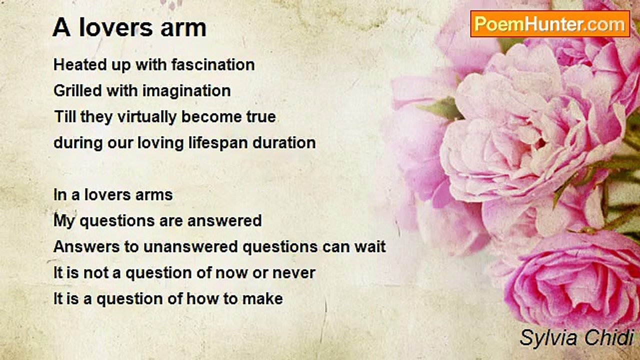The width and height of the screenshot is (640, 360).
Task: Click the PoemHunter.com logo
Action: pos(550,24)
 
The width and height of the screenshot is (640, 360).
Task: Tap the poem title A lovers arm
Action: pos(129,28)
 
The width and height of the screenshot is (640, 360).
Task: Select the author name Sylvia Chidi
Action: pos(576,337)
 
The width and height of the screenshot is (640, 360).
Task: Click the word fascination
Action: pos(213,64)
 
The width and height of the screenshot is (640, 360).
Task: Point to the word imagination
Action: pos(186,91)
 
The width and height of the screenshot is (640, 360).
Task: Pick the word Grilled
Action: pos(77,91)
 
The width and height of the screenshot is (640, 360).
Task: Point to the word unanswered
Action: pos(190,247)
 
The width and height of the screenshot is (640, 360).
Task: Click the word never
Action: pos(293,273)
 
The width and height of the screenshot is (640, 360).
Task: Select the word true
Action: pos(261,117)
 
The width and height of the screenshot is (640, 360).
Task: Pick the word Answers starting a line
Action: pos(86,246)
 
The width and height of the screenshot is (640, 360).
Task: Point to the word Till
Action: pos(64,117)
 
